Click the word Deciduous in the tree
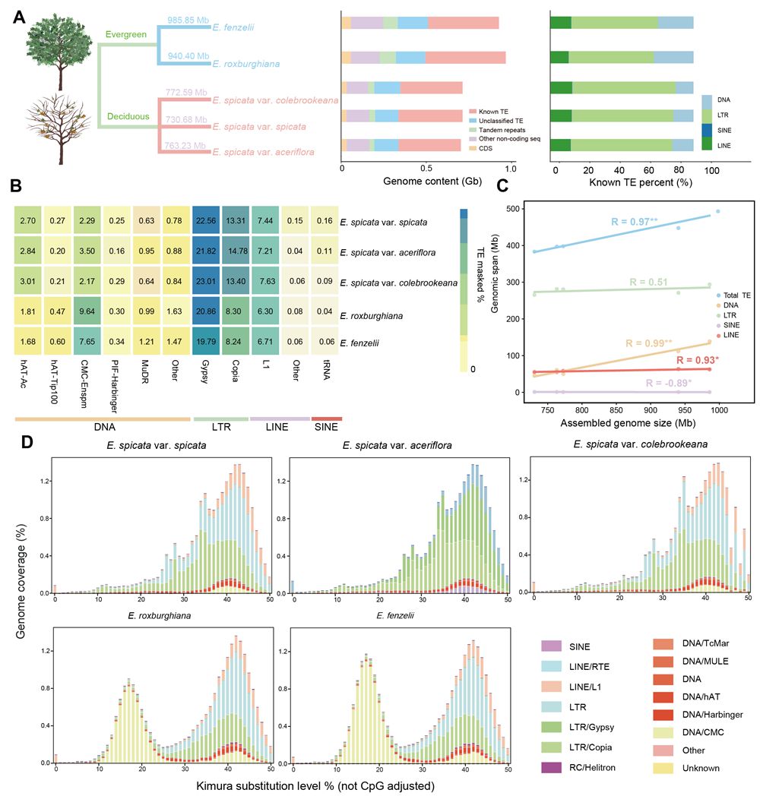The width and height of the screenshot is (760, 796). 128,116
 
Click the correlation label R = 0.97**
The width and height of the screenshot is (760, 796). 635,222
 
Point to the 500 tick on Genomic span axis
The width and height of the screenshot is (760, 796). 523,209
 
